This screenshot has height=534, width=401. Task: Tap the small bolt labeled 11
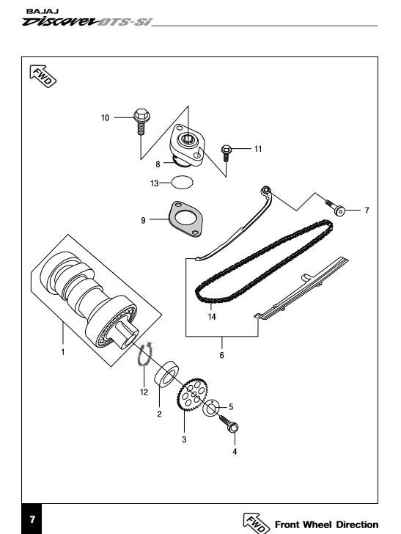226,153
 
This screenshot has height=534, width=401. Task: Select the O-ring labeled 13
182,182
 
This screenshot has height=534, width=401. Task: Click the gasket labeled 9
185,219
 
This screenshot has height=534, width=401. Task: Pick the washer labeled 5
210,408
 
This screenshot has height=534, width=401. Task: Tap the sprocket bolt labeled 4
229,423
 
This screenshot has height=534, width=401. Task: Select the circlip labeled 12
144,355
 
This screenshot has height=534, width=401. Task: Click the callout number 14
212,317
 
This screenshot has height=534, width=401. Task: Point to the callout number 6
221,355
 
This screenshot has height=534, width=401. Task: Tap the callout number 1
63,352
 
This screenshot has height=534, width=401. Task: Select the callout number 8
158,164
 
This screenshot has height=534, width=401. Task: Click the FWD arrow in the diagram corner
43,76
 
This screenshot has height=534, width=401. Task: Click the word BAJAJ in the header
43,11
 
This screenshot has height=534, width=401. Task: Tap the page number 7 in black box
32,519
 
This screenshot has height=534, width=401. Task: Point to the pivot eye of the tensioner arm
265,191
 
